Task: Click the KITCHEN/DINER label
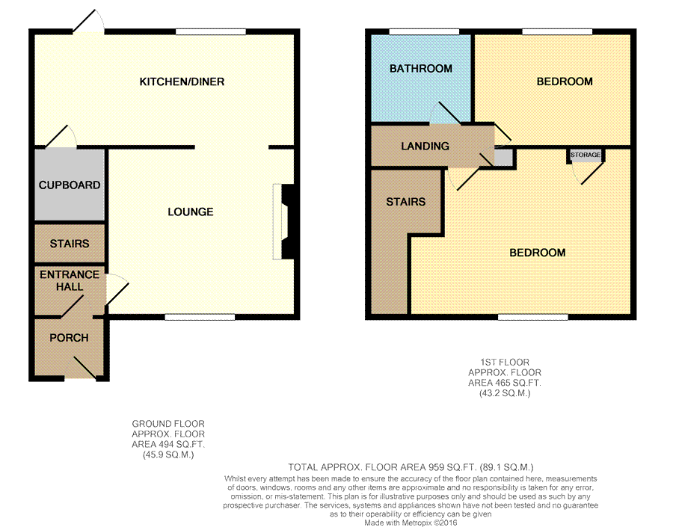point(182,81)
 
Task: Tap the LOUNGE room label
point(191,212)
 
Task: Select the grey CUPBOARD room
point(70,185)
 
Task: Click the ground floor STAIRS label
point(70,244)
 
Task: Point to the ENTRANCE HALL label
point(70,280)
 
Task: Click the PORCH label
point(69,338)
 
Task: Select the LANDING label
point(425,147)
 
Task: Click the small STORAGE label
point(586,155)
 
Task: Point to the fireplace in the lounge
point(283,221)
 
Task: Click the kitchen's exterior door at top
point(88,22)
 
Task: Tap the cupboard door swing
point(61,137)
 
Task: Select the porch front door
point(81,368)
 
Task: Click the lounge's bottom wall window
point(200,317)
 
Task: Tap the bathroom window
point(424,31)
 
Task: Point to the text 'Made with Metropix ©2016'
point(411,523)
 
